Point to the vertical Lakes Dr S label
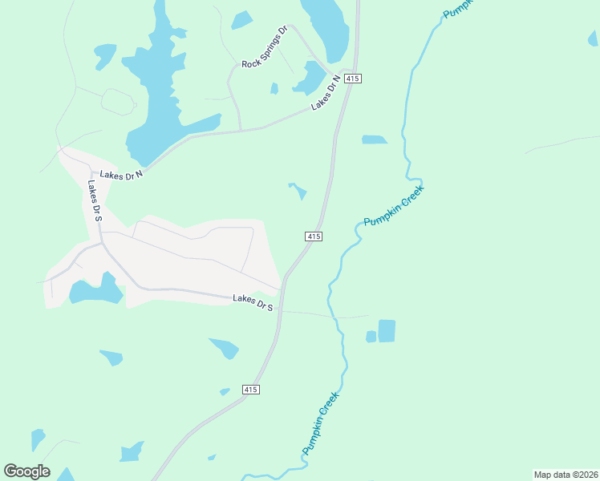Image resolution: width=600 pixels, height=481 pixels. [x=95, y=200]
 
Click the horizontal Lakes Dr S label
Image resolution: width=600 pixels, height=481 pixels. [x=253, y=302]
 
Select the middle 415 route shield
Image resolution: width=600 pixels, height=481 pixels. [x=314, y=236]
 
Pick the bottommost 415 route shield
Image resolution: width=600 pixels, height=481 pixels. [x=250, y=389]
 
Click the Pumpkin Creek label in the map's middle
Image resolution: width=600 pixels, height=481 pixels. [x=393, y=206]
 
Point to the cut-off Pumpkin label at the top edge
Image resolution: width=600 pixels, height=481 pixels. [x=458, y=9]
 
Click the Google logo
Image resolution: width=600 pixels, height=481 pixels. [x=26, y=471]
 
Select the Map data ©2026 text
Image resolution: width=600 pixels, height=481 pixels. [x=566, y=475]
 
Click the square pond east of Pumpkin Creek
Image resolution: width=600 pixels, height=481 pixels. [x=387, y=331]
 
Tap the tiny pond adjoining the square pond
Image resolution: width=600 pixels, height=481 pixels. [x=371, y=337]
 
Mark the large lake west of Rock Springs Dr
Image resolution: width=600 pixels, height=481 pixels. [x=160, y=96]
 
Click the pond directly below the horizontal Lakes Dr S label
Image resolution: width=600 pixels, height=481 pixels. [x=225, y=348]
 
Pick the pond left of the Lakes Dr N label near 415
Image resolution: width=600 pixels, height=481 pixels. [x=310, y=78]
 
